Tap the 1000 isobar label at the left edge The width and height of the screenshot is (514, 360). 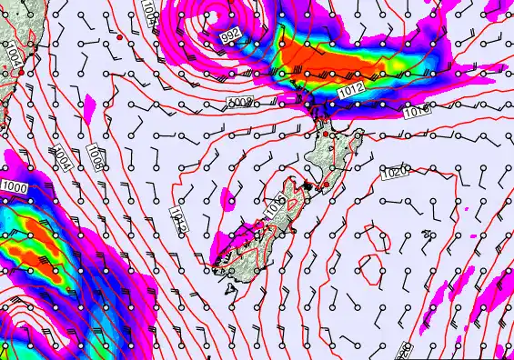(14, 186)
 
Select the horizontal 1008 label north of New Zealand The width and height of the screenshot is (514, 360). (239, 102)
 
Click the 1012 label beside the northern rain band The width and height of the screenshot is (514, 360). (349, 88)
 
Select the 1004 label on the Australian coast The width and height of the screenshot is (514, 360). (12, 55)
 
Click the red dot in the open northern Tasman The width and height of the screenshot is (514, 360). (119, 37)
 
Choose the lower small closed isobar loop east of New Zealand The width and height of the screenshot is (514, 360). (371, 267)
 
